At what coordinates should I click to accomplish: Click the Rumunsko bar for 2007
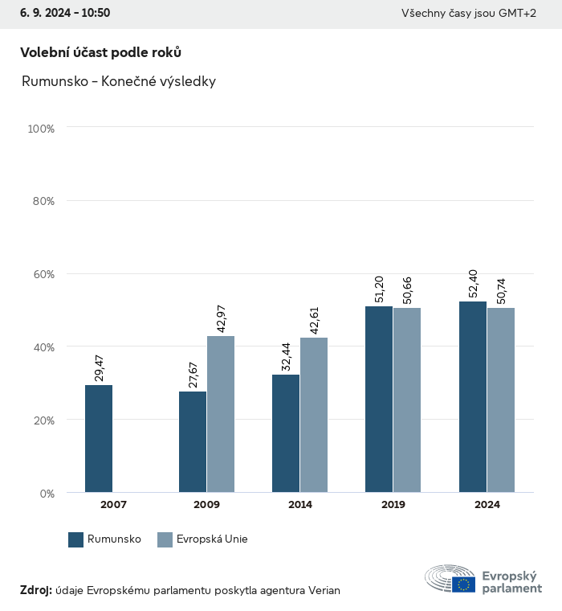[x=99, y=438]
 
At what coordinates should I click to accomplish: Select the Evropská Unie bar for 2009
[x=221, y=414]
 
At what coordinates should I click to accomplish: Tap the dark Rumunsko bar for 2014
[x=286, y=433]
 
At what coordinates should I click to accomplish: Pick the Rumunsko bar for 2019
[x=379, y=400]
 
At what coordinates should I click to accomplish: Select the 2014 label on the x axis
[x=300, y=505]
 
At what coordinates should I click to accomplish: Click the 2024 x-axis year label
[x=487, y=505]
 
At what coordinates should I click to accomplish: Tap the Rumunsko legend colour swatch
[x=76, y=539]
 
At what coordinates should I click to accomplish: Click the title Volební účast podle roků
[x=100, y=52]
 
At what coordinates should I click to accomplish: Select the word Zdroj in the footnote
[x=35, y=590]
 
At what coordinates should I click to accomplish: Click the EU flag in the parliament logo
[x=463, y=584]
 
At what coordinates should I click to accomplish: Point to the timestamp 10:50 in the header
[x=96, y=13]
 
